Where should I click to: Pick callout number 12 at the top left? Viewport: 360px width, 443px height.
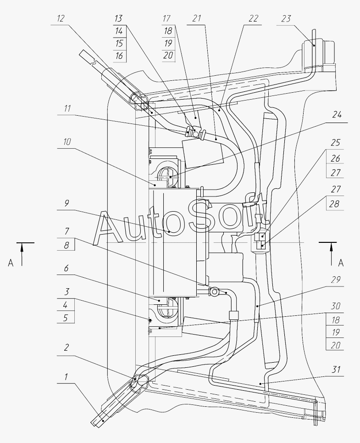click(x=61, y=19)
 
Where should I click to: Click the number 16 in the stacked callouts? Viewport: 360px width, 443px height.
click(x=119, y=56)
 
